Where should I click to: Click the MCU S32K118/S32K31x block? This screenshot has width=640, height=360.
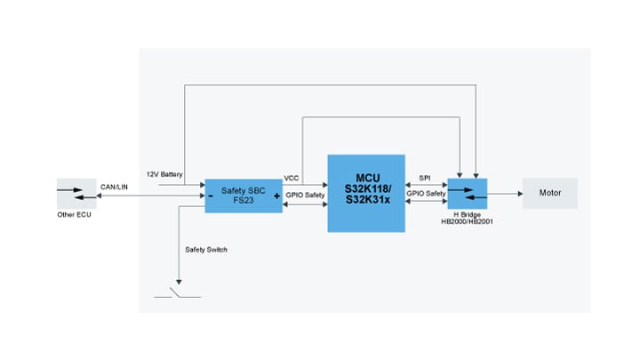366,193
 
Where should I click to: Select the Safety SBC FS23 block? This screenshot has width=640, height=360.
244,194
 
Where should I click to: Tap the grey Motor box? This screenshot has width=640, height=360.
549,193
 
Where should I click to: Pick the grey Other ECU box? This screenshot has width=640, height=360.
76,193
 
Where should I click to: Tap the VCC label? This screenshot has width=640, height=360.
292,178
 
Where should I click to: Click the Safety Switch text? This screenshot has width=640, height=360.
206,250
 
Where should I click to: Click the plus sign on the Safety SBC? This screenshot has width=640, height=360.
276,196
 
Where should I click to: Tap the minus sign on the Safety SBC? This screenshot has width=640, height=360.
211,196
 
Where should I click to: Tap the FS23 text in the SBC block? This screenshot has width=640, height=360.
244,200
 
